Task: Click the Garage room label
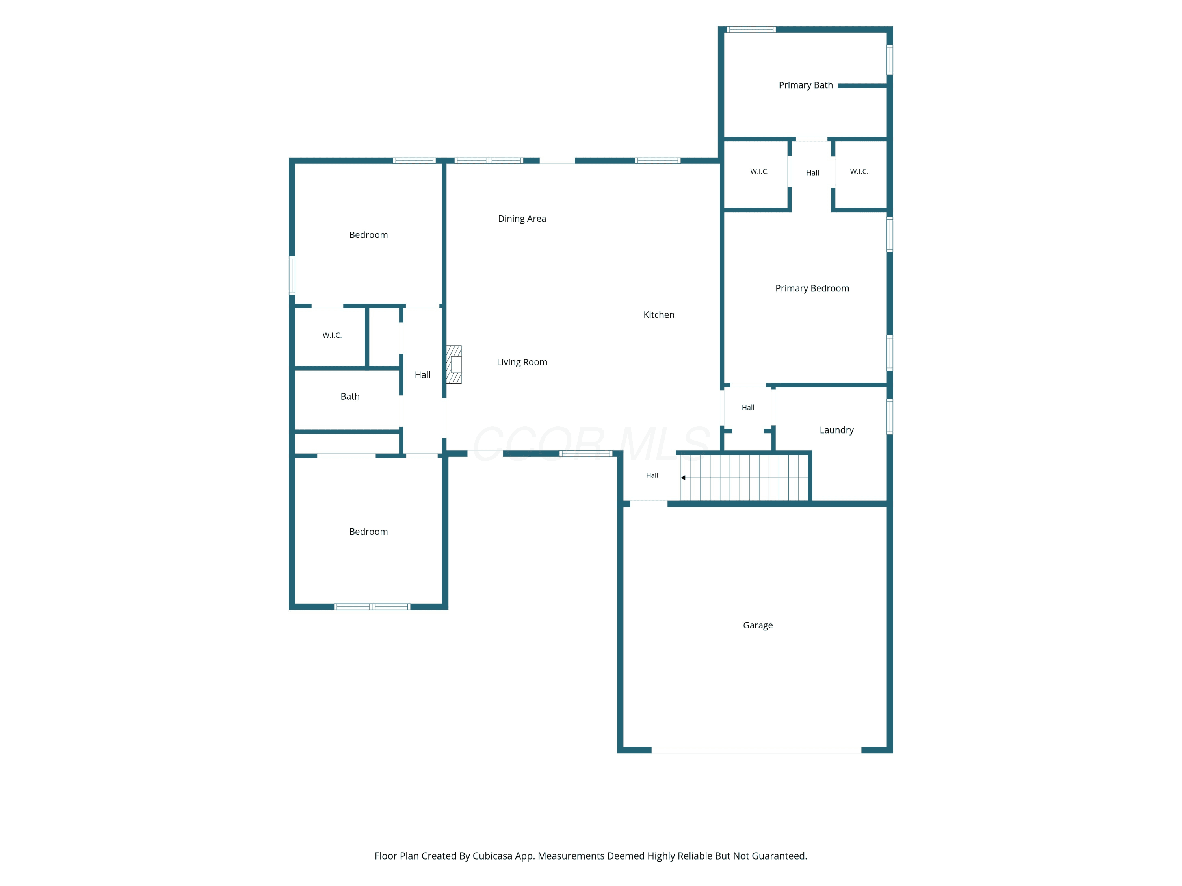(x=758, y=625)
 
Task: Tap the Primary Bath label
(x=806, y=85)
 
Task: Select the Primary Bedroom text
(x=812, y=288)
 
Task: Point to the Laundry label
(x=837, y=430)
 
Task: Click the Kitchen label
(x=659, y=315)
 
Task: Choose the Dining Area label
(x=522, y=219)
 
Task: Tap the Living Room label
(x=522, y=363)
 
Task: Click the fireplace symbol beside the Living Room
(x=454, y=365)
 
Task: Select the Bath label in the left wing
(x=350, y=396)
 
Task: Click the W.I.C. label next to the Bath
(x=332, y=335)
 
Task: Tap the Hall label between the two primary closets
(x=812, y=173)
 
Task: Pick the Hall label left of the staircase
(x=652, y=475)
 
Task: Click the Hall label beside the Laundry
(x=748, y=408)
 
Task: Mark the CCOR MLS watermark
(x=591, y=443)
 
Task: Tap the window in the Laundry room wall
(x=890, y=417)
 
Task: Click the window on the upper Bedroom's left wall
(x=292, y=276)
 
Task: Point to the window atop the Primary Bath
(x=751, y=30)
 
